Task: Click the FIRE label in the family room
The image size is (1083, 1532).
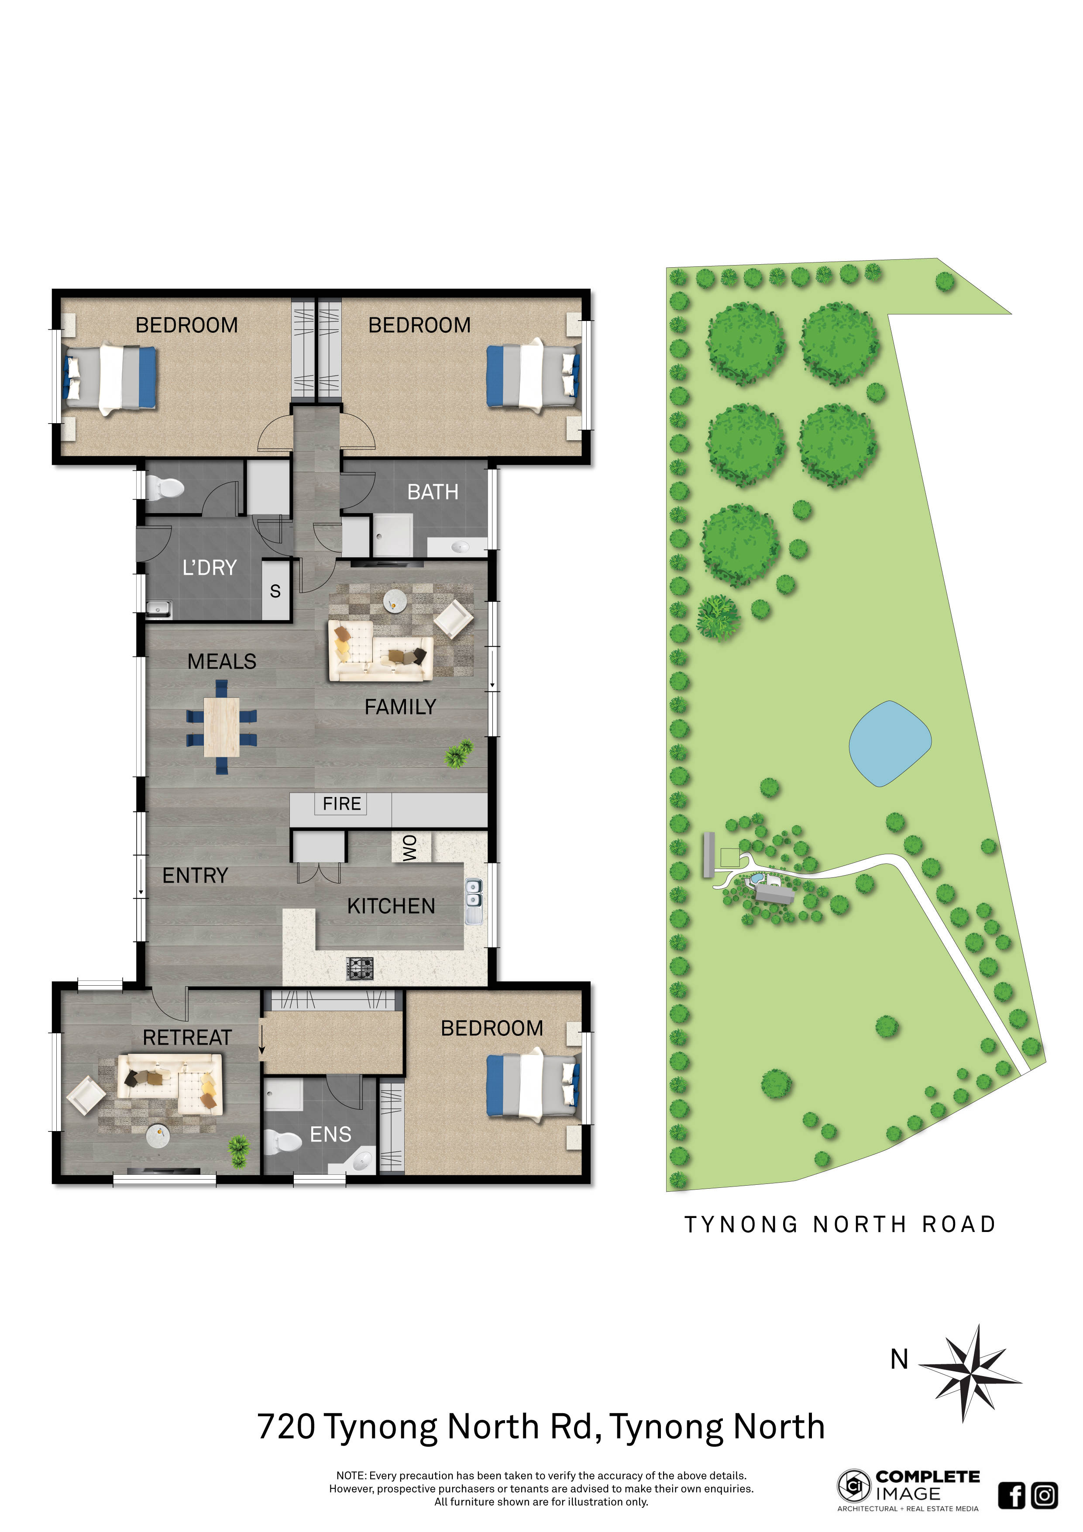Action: (341, 804)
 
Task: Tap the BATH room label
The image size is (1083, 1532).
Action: (433, 493)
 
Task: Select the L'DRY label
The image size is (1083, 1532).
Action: (210, 568)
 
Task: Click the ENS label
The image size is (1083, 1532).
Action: (330, 1134)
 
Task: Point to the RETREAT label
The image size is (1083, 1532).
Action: (187, 1038)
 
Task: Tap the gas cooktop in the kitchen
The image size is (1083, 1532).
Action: (360, 968)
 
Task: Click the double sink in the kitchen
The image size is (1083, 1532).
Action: (474, 901)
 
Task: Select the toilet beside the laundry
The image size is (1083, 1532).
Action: (163, 488)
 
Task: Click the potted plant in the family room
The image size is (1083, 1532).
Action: (459, 754)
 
